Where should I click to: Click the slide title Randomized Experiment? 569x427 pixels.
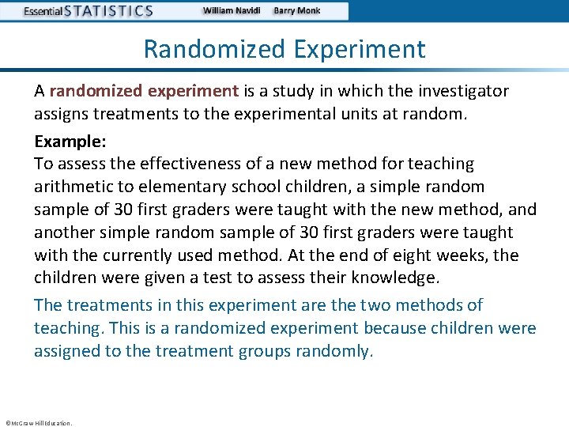point(284,49)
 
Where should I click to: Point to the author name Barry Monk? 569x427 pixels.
point(297,11)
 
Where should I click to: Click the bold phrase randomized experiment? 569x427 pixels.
point(144,91)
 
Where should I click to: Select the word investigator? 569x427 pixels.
point(461,91)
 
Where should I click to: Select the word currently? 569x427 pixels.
point(142,255)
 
